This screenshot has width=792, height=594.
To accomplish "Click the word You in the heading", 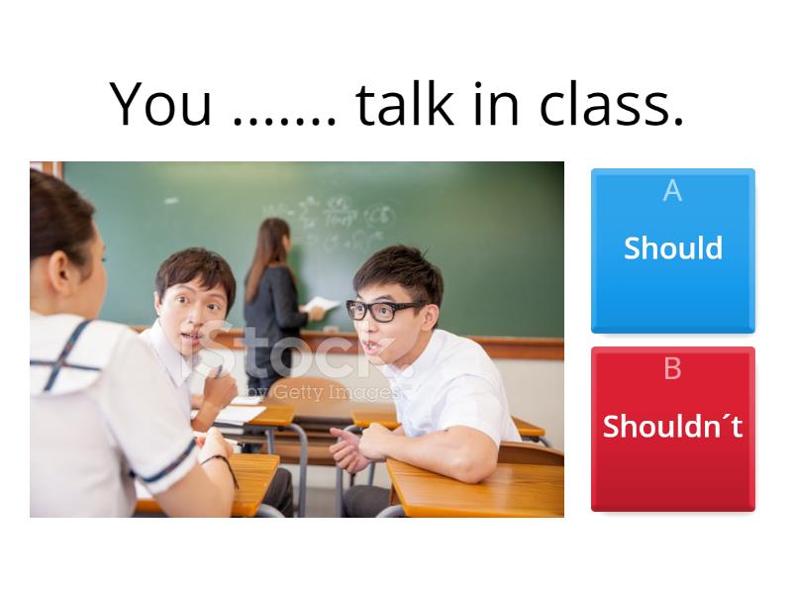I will [160, 104].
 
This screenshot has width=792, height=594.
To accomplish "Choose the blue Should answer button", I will [672, 250].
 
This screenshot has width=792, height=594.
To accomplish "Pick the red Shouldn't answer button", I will [672, 428].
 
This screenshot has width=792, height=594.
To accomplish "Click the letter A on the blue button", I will [672, 191].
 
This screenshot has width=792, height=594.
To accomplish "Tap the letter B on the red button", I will [672, 369].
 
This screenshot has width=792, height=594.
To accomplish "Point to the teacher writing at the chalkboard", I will [272, 297].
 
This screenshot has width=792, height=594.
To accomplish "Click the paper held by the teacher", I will [323, 305].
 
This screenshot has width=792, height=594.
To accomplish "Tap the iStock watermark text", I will [297, 356].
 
